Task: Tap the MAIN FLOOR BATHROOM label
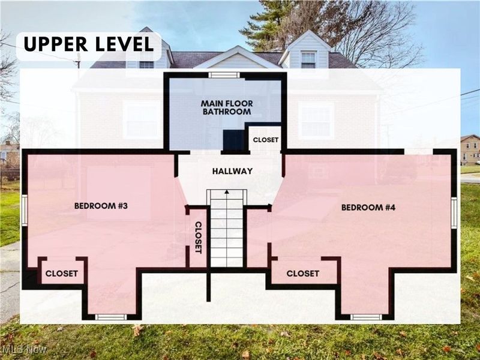(x=227, y=107)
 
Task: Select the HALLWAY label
(x=232, y=171)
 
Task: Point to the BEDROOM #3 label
(x=101, y=206)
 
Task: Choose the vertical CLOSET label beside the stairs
(x=197, y=237)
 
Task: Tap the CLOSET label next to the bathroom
(x=265, y=139)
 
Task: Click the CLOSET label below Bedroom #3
(x=62, y=273)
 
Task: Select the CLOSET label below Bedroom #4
(x=302, y=273)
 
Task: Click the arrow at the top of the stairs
(x=227, y=193)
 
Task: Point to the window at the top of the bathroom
(x=223, y=75)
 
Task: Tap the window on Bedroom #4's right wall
(x=454, y=213)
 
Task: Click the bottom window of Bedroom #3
(x=111, y=317)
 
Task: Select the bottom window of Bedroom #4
(x=366, y=317)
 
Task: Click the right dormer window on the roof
(x=308, y=59)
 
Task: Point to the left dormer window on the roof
(x=146, y=64)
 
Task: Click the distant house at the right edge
(x=470, y=149)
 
